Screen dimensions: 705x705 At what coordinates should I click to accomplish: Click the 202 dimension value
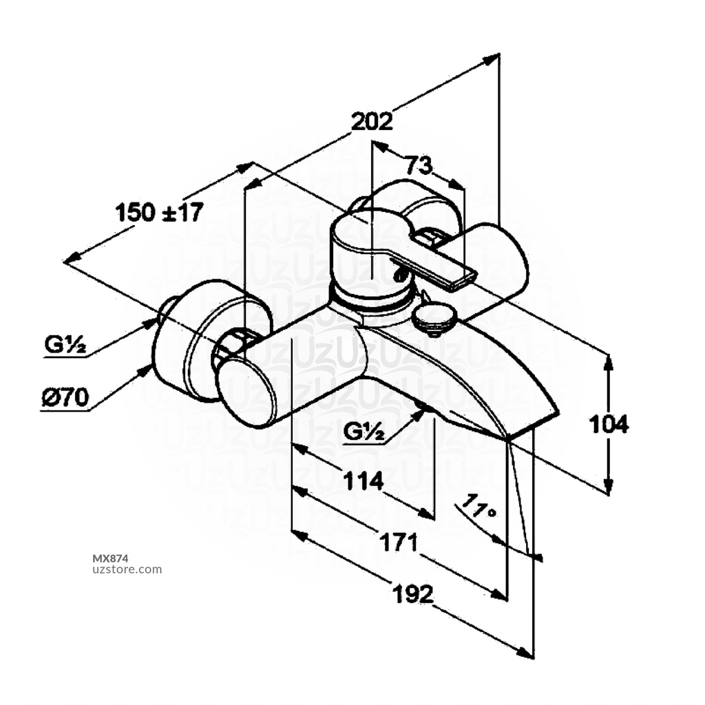pos(372,122)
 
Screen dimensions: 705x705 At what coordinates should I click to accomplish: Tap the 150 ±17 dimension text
pos(159,212)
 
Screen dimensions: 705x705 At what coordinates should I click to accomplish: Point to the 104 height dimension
pos(609,424)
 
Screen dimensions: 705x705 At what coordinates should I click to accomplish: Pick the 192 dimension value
pos(413,593)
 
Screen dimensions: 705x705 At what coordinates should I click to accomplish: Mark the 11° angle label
pos(479,508)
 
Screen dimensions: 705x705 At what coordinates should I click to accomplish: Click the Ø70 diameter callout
pos(65,397)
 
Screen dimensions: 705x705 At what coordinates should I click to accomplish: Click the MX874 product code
pos(110,558)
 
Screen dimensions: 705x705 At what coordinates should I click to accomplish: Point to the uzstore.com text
pos(127,569)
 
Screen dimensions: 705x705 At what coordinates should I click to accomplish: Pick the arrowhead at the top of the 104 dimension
pos(609,361)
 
